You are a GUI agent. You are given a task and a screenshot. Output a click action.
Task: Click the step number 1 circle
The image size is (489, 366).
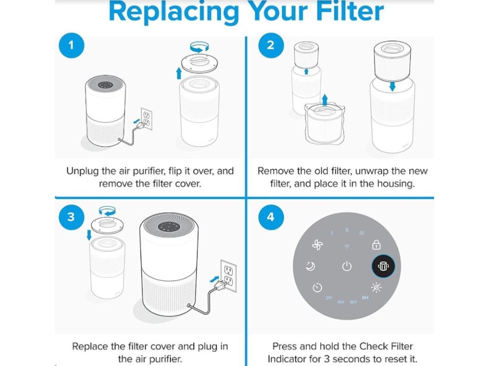[71, 46]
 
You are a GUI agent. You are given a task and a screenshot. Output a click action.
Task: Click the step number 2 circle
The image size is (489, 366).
[271, 46]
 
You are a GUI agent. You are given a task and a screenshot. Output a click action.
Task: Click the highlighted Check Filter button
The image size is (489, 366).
[386, 266]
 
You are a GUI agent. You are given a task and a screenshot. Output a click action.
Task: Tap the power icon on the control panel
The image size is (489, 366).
[347, 266]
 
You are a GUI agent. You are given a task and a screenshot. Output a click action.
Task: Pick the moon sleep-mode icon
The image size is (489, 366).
[310, 266]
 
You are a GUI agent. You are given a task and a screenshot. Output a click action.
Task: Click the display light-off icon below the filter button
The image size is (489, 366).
[376, 287]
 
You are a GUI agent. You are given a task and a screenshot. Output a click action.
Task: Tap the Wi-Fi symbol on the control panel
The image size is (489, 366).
[347, 246]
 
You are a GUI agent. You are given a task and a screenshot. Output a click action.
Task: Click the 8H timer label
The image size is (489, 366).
[365, 297]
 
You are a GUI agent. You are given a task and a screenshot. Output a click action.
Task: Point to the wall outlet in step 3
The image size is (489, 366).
[228, 276]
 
